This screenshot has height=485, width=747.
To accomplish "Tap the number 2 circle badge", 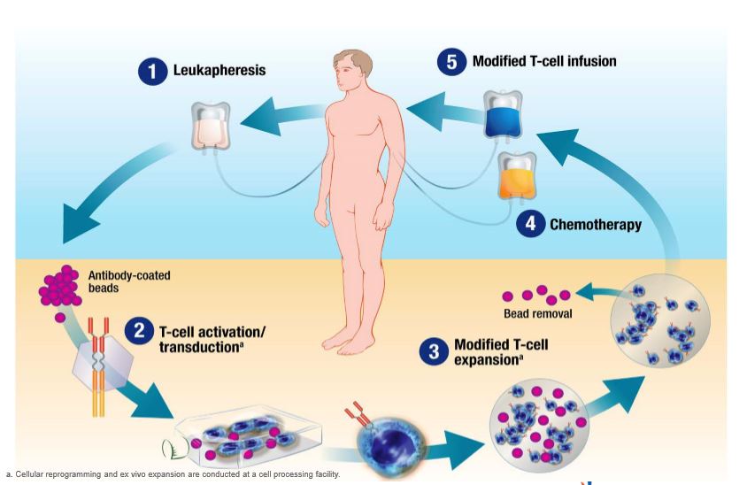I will coord(139,333).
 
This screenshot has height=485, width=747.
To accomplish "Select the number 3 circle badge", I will coord(434,352).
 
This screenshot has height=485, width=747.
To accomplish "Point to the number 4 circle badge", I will coord(529,224).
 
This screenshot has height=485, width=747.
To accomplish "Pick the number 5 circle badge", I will coord(451,62).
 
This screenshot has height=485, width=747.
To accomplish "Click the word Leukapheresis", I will coord(219,71).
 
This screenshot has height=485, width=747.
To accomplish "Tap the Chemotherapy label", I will coord(595,224).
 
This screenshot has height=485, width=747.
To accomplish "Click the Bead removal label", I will coord(537,313).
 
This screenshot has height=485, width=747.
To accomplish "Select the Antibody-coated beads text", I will coord(129,281).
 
